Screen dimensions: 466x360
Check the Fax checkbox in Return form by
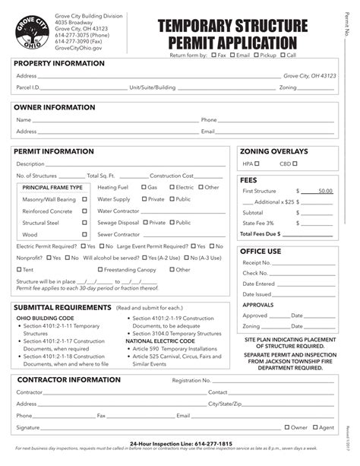(x=213, y=55)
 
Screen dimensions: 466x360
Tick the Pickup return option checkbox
(x=256, y=55)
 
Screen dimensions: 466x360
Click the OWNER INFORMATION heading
(x=52, y=108)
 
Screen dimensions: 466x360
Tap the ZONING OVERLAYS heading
(x=273, y=151)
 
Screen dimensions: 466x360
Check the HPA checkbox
(x=257, y=163)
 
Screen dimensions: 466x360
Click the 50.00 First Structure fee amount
(x=324, y=191)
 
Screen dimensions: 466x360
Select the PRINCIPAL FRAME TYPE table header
(x=52, y=187)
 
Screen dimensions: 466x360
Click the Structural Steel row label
(x=41, y=223)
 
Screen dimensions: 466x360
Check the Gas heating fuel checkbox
(x=143, y=187)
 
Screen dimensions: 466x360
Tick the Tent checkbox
(x=19, y=269)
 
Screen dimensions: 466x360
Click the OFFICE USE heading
(x=261, y=251)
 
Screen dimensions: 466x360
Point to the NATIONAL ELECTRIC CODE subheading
(x=160, y=341)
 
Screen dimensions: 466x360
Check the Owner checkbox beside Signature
(x=286, y=428)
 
